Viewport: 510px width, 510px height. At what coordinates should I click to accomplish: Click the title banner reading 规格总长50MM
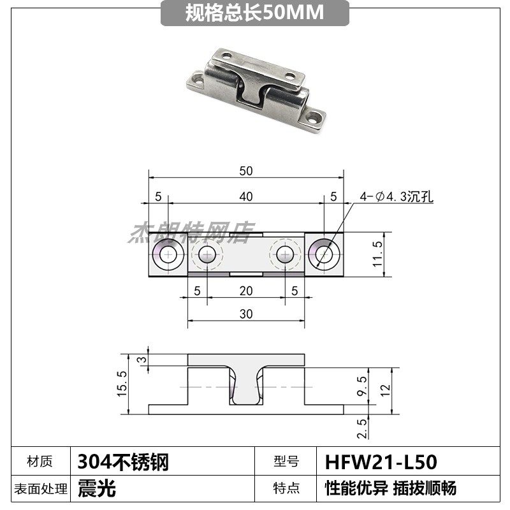255,13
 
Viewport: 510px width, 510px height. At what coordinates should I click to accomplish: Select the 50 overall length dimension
246,171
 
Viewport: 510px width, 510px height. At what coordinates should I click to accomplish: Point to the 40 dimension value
246,197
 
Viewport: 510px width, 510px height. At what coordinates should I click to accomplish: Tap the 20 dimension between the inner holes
246,291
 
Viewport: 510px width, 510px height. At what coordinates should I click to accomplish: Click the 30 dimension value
246,314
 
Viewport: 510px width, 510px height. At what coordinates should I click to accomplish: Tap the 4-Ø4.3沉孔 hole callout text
395,197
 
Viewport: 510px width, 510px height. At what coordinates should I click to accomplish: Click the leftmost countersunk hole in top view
170,256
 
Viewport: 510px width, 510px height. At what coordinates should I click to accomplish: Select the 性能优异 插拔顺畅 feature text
390,489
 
